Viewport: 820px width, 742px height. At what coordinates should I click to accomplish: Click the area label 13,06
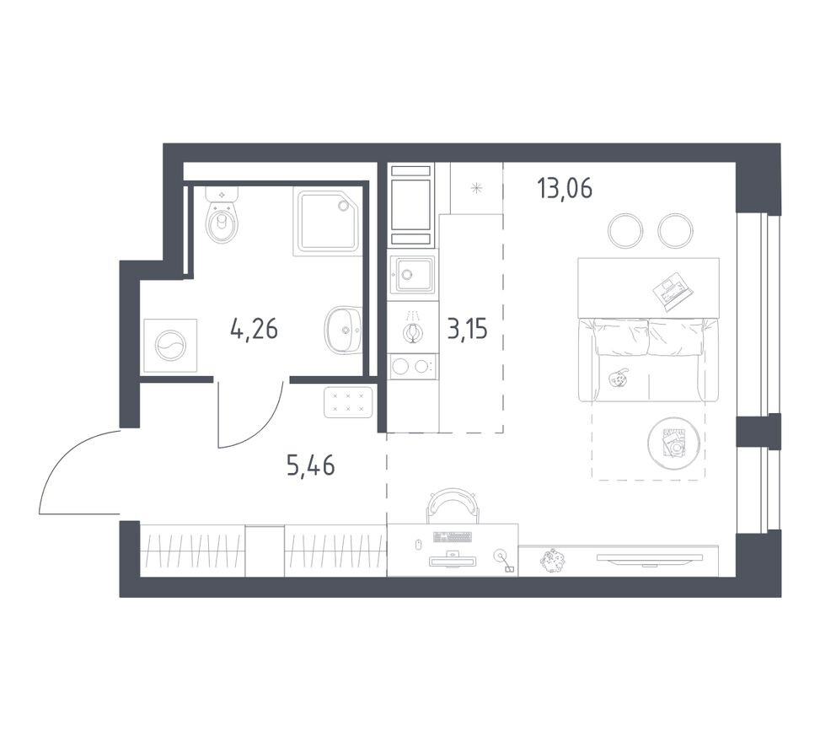pyautogui.click(x=564, y=188)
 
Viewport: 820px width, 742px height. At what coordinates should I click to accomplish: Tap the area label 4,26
pyautogui.click(x=254, y=328)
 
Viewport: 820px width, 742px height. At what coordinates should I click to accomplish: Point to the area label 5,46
pyautogui.click(x=310, y=465)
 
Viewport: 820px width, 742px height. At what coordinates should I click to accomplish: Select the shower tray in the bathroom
pyautogui.click(x=327, y=220)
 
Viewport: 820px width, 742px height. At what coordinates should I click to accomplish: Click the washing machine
pyautogui.click(x=170, y=346)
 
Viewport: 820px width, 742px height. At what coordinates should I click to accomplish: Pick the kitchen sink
pyautogui.click(x=412, y=274)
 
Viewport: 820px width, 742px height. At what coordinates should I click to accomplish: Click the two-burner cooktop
pyautogui.click(x=412, y=366)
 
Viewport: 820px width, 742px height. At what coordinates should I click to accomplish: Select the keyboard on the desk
pyautogui.click(x=452, y=536)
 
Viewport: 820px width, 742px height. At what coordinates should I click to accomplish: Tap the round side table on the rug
pyautogui.click(x=675, y=441)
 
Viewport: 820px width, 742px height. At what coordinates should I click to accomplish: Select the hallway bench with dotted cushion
pyautogui.click(x=348, y=401)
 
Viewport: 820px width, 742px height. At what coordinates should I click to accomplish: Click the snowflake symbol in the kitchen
pyautogui.click(x=477, y=188)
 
